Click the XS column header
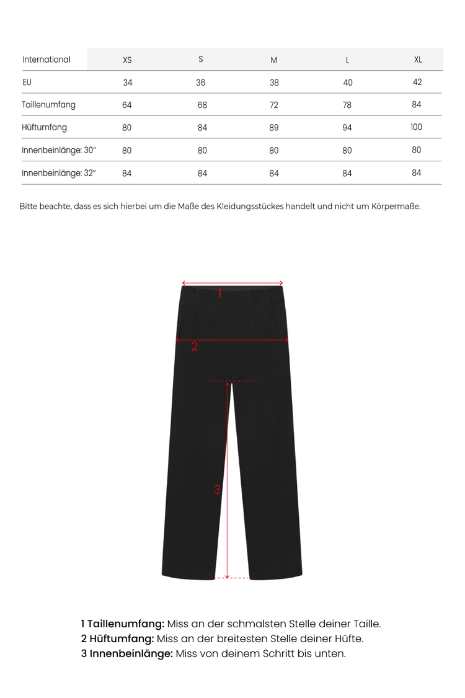127,60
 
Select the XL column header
418,60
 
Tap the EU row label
27,82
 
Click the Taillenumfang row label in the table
48,104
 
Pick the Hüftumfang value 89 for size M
274,128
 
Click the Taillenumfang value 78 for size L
347,105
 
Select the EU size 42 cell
417,82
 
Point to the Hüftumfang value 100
416,127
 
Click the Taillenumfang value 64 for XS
127,105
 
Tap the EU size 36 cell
201,83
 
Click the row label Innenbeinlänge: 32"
59,173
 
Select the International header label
46,60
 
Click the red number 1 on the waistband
219,293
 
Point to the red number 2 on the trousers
194,346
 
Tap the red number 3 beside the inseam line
217,489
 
